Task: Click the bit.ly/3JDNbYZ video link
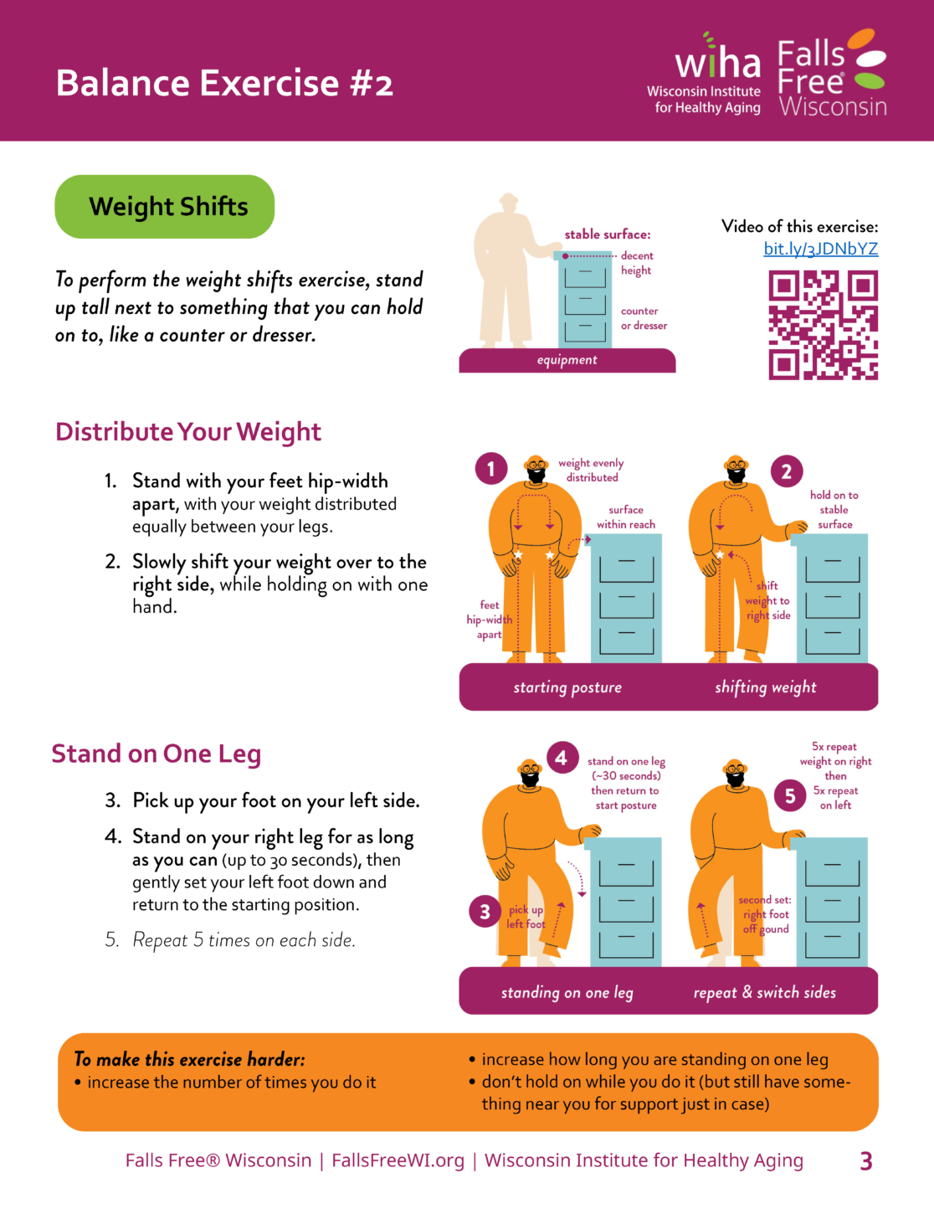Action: pyautogui.click(x=820, y=249)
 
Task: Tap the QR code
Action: pyautogui.click(x=824, y=325)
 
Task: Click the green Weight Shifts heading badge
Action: pyautogui.click(x=165, y=207)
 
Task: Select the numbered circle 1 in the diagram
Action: pyautogui.click(x=491, y=469)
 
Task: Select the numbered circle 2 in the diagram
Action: pyautogui.click(x=787, y=471)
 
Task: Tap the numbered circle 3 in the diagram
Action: pyautogui.click(x=485, y=911)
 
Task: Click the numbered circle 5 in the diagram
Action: pyautogui.click(x=790, y=795)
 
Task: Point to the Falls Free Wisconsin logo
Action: pyautogui.click(x=832, y=72)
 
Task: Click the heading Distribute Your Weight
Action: pyautogui.click(x=188, y=432)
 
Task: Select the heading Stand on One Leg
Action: pyautogui.click(x=157, y=754)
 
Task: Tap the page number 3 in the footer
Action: pyautogui.click(x=865, y=1161)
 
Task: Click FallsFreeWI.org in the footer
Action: pyautogui.click(x=398, y=1160)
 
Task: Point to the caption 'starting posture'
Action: pyautogui.click(x=567, y=687)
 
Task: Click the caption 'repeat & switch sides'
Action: pyautogui.click(x=764, y=992)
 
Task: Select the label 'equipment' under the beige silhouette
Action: pyautogui.click(x=567, y=360)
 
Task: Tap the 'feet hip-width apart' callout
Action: pyautogui.click(x=490, y=620)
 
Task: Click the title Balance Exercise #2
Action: pyautogui.click(x=224, y=84)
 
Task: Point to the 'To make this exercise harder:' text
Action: pyautogui.click(x=190, y=1059)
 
